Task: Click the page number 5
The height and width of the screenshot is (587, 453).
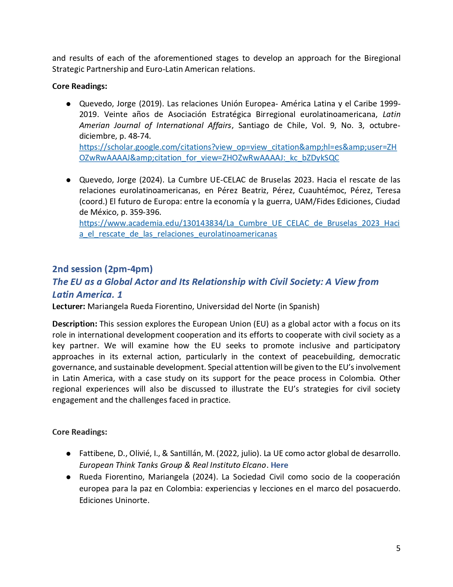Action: (x=398, y=548)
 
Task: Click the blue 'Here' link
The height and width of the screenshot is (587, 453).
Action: (x=279, y=465)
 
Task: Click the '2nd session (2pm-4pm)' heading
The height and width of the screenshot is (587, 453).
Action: (x=102, y=269)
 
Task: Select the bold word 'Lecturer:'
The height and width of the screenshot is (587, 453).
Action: (x=69, y=306)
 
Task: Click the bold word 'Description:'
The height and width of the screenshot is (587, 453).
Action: (x=75, y=324)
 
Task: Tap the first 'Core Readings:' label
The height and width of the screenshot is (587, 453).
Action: (x=80, y=86)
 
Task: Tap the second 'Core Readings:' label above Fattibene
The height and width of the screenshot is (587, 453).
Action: (x=80, y=432)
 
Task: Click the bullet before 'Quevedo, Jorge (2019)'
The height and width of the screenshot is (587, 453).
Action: (x=68, y=104)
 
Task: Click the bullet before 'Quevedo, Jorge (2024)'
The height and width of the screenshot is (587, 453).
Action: (x=68, y=180)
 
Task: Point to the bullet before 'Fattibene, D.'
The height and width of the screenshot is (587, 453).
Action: (x=68, y=454)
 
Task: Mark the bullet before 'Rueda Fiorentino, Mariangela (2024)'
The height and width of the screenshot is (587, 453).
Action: (x=68, y=477)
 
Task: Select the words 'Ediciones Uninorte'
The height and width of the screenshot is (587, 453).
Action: (x=114, y=500)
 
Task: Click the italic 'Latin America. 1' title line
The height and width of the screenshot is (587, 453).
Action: (x=87, y=295)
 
